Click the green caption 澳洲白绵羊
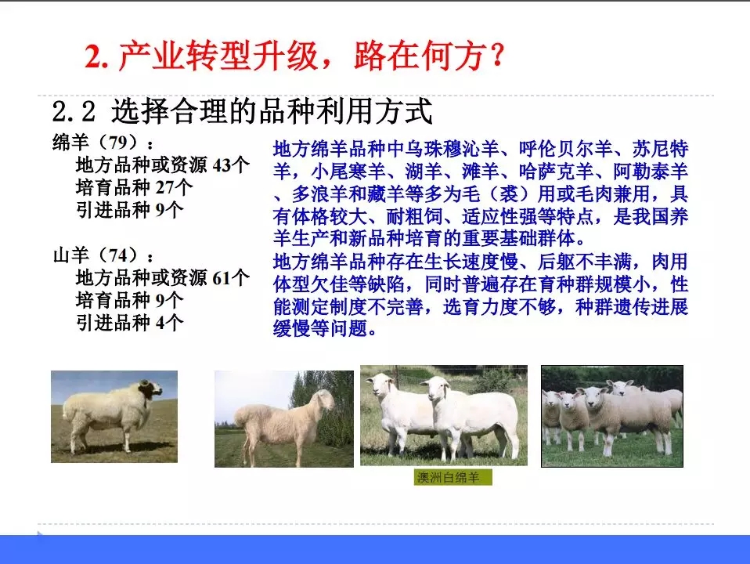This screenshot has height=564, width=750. (x=453, y=478)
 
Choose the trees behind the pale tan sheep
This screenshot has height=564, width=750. (x=329, y=399)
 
